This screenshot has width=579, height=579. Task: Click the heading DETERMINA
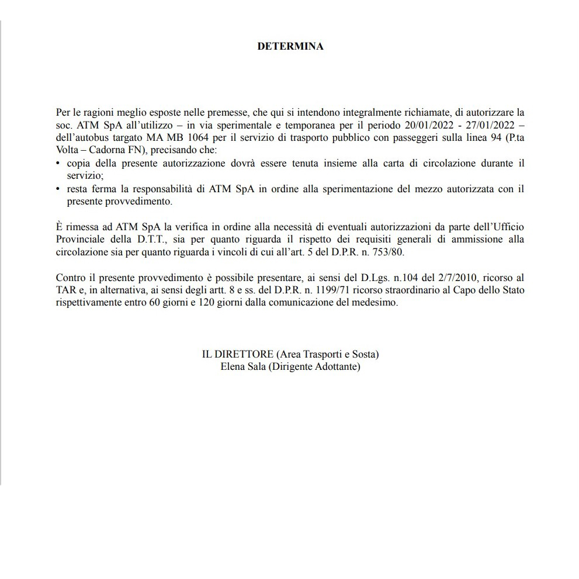pos(290,47)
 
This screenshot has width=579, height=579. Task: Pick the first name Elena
pos(232,367)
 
